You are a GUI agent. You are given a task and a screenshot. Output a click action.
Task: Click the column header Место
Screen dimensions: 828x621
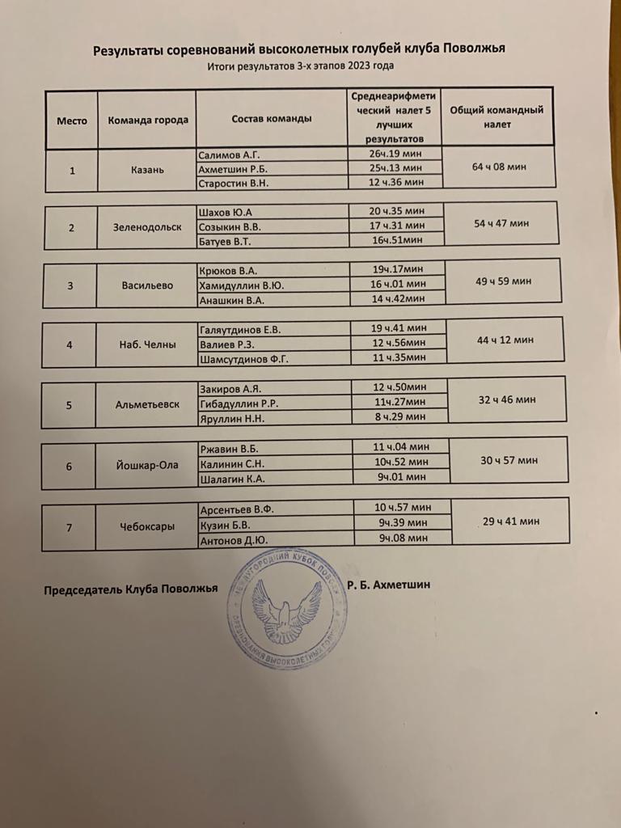click(x=71, y=120)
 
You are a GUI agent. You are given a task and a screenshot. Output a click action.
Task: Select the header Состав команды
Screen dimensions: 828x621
click(x=272, y=119)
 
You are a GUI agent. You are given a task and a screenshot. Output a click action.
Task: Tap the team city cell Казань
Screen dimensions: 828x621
click(x=147, y=171)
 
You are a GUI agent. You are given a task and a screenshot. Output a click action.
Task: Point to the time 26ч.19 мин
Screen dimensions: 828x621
click(x=396, y=154)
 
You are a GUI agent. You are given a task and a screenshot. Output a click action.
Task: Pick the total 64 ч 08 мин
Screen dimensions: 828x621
click(x=498, y=167)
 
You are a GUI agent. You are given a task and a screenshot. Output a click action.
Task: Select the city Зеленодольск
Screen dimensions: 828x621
click(x=148, y=227)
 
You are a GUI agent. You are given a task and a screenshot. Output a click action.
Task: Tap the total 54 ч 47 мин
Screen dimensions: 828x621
click(x=502, y=222)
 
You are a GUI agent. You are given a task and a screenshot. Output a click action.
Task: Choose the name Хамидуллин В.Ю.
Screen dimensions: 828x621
click(x=241, y=285)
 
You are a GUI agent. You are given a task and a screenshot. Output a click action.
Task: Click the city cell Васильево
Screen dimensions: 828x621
click(x=146, y=285)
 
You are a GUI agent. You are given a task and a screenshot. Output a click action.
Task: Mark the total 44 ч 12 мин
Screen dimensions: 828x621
click(x=505, y=340)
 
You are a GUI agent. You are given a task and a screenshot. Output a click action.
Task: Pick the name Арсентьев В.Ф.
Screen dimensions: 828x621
click(x=236, y=510)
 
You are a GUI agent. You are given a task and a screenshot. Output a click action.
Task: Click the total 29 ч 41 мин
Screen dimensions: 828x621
click(x=510, y=522)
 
